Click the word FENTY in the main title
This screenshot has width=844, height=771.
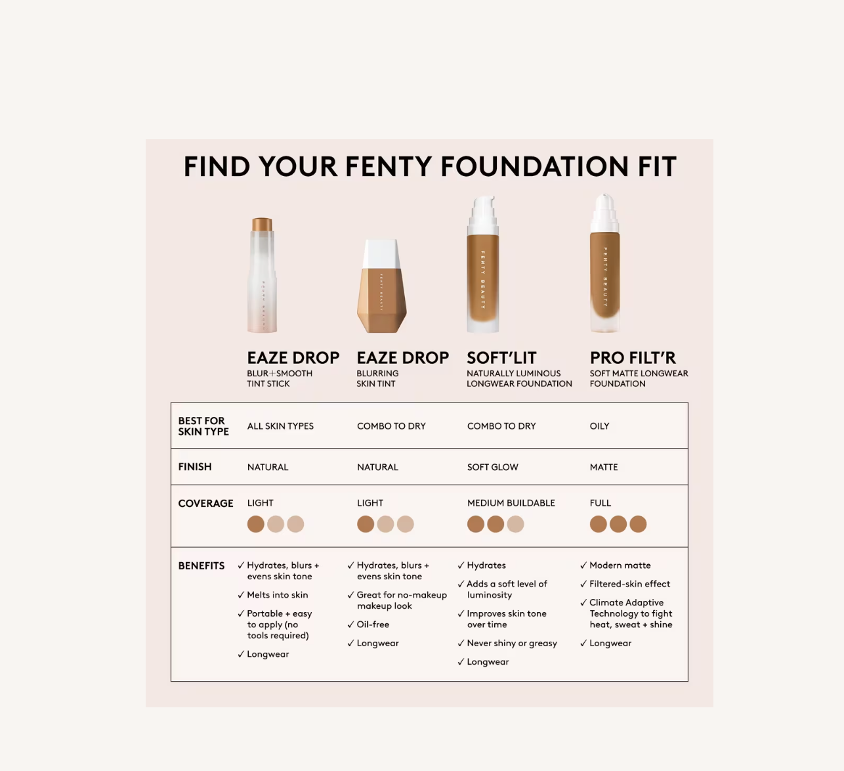(389, 166)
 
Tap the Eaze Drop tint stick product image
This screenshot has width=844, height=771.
(262, 275)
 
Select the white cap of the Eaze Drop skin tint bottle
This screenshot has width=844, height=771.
(381, 254)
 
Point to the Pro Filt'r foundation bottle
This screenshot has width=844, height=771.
(604, 263)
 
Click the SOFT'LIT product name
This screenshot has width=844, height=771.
(501, 358)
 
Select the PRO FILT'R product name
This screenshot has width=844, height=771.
(633, 358)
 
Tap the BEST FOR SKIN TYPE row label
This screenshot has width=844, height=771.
(203, 426)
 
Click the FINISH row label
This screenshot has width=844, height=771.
(195, 467)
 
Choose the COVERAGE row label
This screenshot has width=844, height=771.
(205, 503)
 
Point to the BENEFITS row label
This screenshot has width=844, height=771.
(201, 565)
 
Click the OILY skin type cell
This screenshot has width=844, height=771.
(600, 426)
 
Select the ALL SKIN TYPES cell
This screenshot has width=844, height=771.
(281, 426)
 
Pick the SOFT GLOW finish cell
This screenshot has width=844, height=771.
(493, 467)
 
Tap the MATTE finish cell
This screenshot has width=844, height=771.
(604, 467)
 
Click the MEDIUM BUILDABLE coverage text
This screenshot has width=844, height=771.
(511, 503)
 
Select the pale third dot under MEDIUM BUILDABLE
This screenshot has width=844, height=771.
(515, 524)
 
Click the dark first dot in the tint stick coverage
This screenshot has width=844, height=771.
(256, 524)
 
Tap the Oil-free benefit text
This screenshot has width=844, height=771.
(373, 625)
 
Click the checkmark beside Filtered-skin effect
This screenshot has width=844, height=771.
(583, 584)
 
